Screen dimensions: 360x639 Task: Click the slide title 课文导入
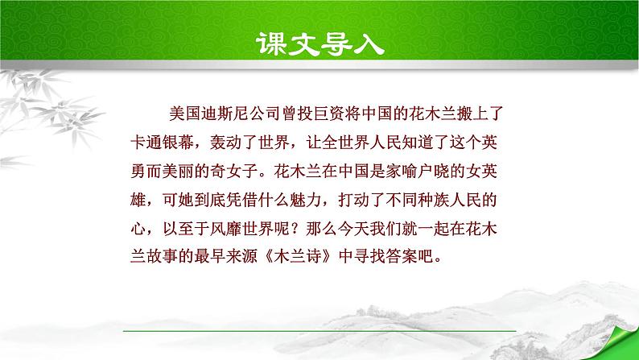[x=319, y=41]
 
